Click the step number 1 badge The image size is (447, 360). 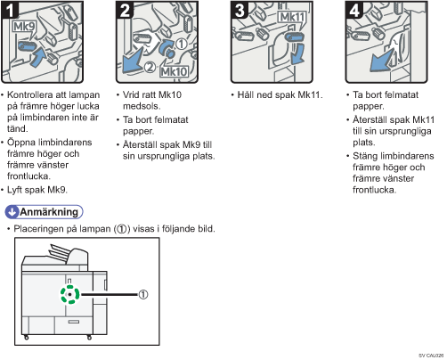(x=10, y=10)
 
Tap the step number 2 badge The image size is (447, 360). (x=125, y=10)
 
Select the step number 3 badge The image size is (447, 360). (x=240, y=10)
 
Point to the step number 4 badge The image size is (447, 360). (x=354, y=10)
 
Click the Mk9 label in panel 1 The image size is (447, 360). (x=24, y=27)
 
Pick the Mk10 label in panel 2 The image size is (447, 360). (x=174, y=71)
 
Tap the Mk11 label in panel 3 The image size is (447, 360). (x=292, y=18)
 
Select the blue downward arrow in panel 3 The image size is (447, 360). (x=297, y=53)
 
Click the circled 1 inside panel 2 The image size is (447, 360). (x=182, y=44)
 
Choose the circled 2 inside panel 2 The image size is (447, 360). (x=150, y=67)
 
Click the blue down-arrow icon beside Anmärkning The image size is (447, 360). (x=12, y=212)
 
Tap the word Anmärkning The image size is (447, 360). (x=49, y=212)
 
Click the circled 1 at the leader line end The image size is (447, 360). (x=143, y=295)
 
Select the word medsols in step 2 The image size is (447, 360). (x=142, y=106)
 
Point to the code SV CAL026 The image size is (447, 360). (x=431, y=356)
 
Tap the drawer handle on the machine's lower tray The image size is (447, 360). (x=74, y=322)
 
